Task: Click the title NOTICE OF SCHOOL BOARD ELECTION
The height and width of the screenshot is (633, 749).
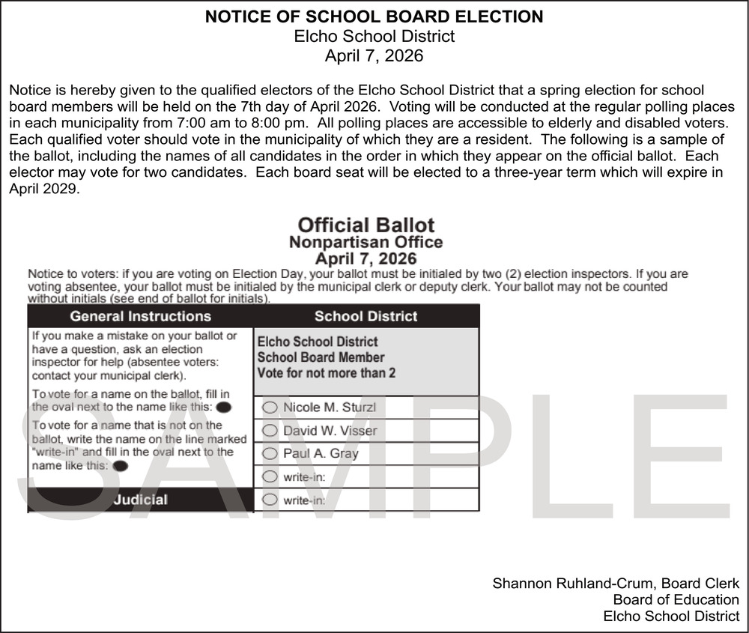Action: tap(374, 16)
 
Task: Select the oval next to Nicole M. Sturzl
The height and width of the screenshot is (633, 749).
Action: tap(270, 408)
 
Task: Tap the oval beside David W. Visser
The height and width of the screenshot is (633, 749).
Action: tap(270, 431)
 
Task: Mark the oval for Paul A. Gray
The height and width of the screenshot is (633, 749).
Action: tap(270, 453)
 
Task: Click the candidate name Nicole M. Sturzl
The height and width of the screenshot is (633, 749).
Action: tap(330, 408)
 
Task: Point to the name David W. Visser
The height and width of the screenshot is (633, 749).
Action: tap(330, 431)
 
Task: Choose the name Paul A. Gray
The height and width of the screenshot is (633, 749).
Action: tap(321, 453)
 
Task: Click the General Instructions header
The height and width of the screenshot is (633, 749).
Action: tap(140, 316)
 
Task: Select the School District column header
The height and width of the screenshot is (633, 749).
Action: tap(366, 316)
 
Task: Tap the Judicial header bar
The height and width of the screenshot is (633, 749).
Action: tap(140, 499)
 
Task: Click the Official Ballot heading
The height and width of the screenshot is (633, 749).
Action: tap(366, 225)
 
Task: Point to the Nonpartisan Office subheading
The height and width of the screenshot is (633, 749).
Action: tap(366, 242)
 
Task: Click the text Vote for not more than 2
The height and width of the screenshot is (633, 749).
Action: tap(327, 373)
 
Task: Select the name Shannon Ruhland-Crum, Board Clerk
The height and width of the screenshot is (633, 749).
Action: tap(616, 583)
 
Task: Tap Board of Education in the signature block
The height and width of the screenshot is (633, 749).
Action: tap(676, 599)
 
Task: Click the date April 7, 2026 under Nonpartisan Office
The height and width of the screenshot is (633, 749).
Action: tap(366, 259)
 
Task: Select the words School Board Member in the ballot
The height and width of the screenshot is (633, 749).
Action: tap(321, 357)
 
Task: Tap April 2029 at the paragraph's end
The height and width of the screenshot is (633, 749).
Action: tap(44, 189)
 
